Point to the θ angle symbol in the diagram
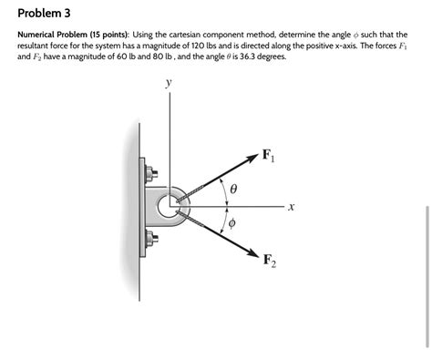click(x=234, y=190)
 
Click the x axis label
click(x=290, y=208)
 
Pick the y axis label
click(x=168, y=84)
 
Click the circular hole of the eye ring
click(x=170, y=207)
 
